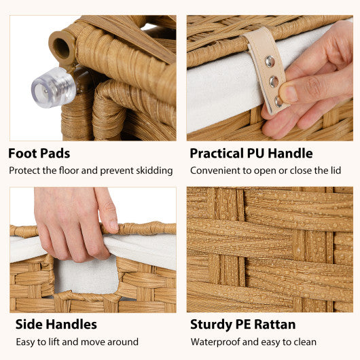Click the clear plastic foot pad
click(52, 88)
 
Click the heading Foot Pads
click(39, 153)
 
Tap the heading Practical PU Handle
click(251, 153)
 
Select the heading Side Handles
click(53, 324)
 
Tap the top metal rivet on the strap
click(270, 61)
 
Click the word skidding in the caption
click(153, 170)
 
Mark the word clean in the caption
click(303, 342)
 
